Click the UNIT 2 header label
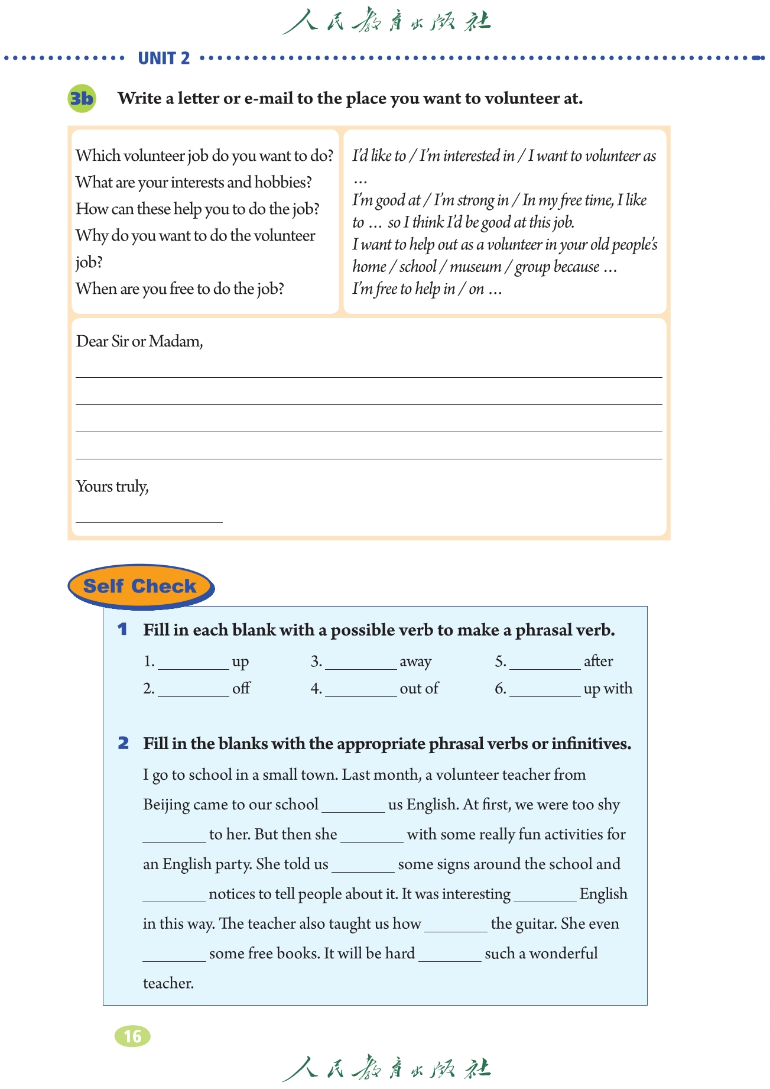pos(164,58)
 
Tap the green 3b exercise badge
pos(82,98)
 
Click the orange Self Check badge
pos(140,586)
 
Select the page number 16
pos(132,1036)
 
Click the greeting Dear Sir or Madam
pos(139,341)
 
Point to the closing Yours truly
pos(112,486)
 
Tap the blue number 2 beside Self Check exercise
pos(123,743)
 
